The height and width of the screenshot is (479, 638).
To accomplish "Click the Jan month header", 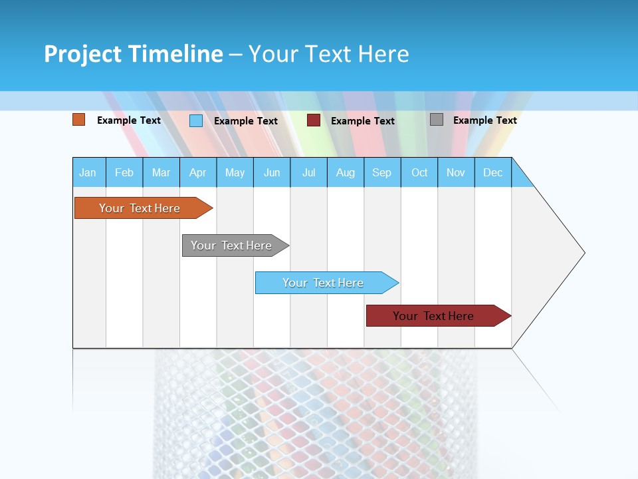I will (x=88, y=172).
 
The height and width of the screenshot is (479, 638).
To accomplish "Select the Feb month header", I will (x=124, y=172).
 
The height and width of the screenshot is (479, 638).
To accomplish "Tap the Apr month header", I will (x=198, y=172).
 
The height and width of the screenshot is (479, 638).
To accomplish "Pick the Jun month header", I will (x=272, y=172).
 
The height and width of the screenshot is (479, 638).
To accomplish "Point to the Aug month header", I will (x=346, y=172).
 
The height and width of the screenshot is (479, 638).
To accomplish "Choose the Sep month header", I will (x=382, y=172).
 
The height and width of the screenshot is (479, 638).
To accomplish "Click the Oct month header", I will (x=419, y=172).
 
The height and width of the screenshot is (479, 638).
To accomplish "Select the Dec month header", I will (x=493, y=172).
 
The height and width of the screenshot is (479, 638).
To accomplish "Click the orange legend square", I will (x=79, y=120).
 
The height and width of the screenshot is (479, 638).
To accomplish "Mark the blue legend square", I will (x=196, y=120).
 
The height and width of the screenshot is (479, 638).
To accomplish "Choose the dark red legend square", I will (x=314, y=120).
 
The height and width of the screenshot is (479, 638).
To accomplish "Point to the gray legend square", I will (x=437, y=120).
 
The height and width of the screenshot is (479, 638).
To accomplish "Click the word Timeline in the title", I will (x=175, y=54).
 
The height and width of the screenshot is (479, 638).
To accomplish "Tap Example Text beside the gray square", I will (x=484, y=120).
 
